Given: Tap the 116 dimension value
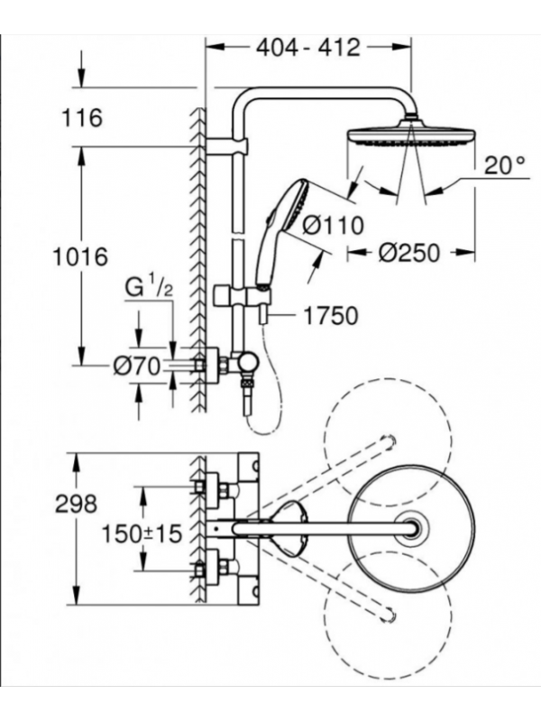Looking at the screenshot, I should coord(84,117).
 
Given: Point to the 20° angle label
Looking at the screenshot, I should coord(503,165).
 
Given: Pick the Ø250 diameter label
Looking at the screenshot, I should coord(408,253).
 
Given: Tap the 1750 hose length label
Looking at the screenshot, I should coord(330,315).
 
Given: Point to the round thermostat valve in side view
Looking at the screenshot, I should coord(245,364).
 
